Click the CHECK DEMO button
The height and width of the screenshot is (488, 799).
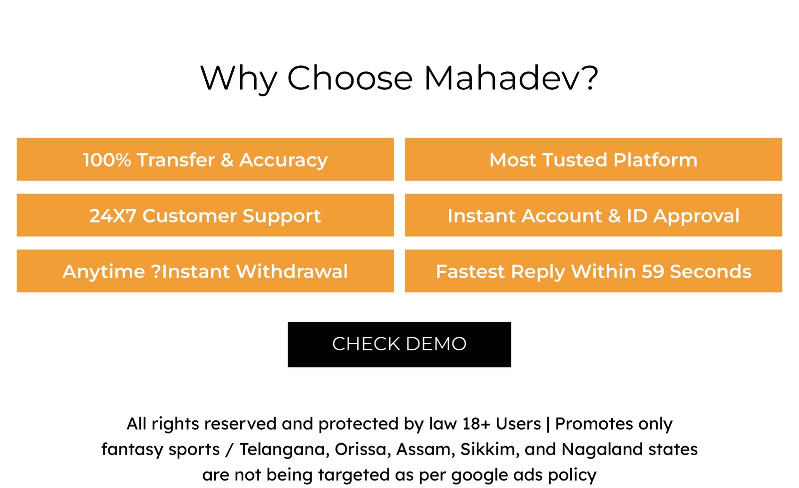(399, 344)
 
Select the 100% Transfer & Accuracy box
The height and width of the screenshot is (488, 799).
(205, 159)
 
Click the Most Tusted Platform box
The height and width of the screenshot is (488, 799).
(594, 159)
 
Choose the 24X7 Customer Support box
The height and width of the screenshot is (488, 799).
(205, 215)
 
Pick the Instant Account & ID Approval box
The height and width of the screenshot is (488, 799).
(594, 215)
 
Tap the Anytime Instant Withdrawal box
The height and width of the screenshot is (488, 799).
(205, 271)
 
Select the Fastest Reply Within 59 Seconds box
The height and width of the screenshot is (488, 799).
(594, 271)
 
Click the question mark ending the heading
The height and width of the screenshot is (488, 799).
(591, 77)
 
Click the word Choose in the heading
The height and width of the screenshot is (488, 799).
(350, 78)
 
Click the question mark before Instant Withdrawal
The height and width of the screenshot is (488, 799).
(156, 271)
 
